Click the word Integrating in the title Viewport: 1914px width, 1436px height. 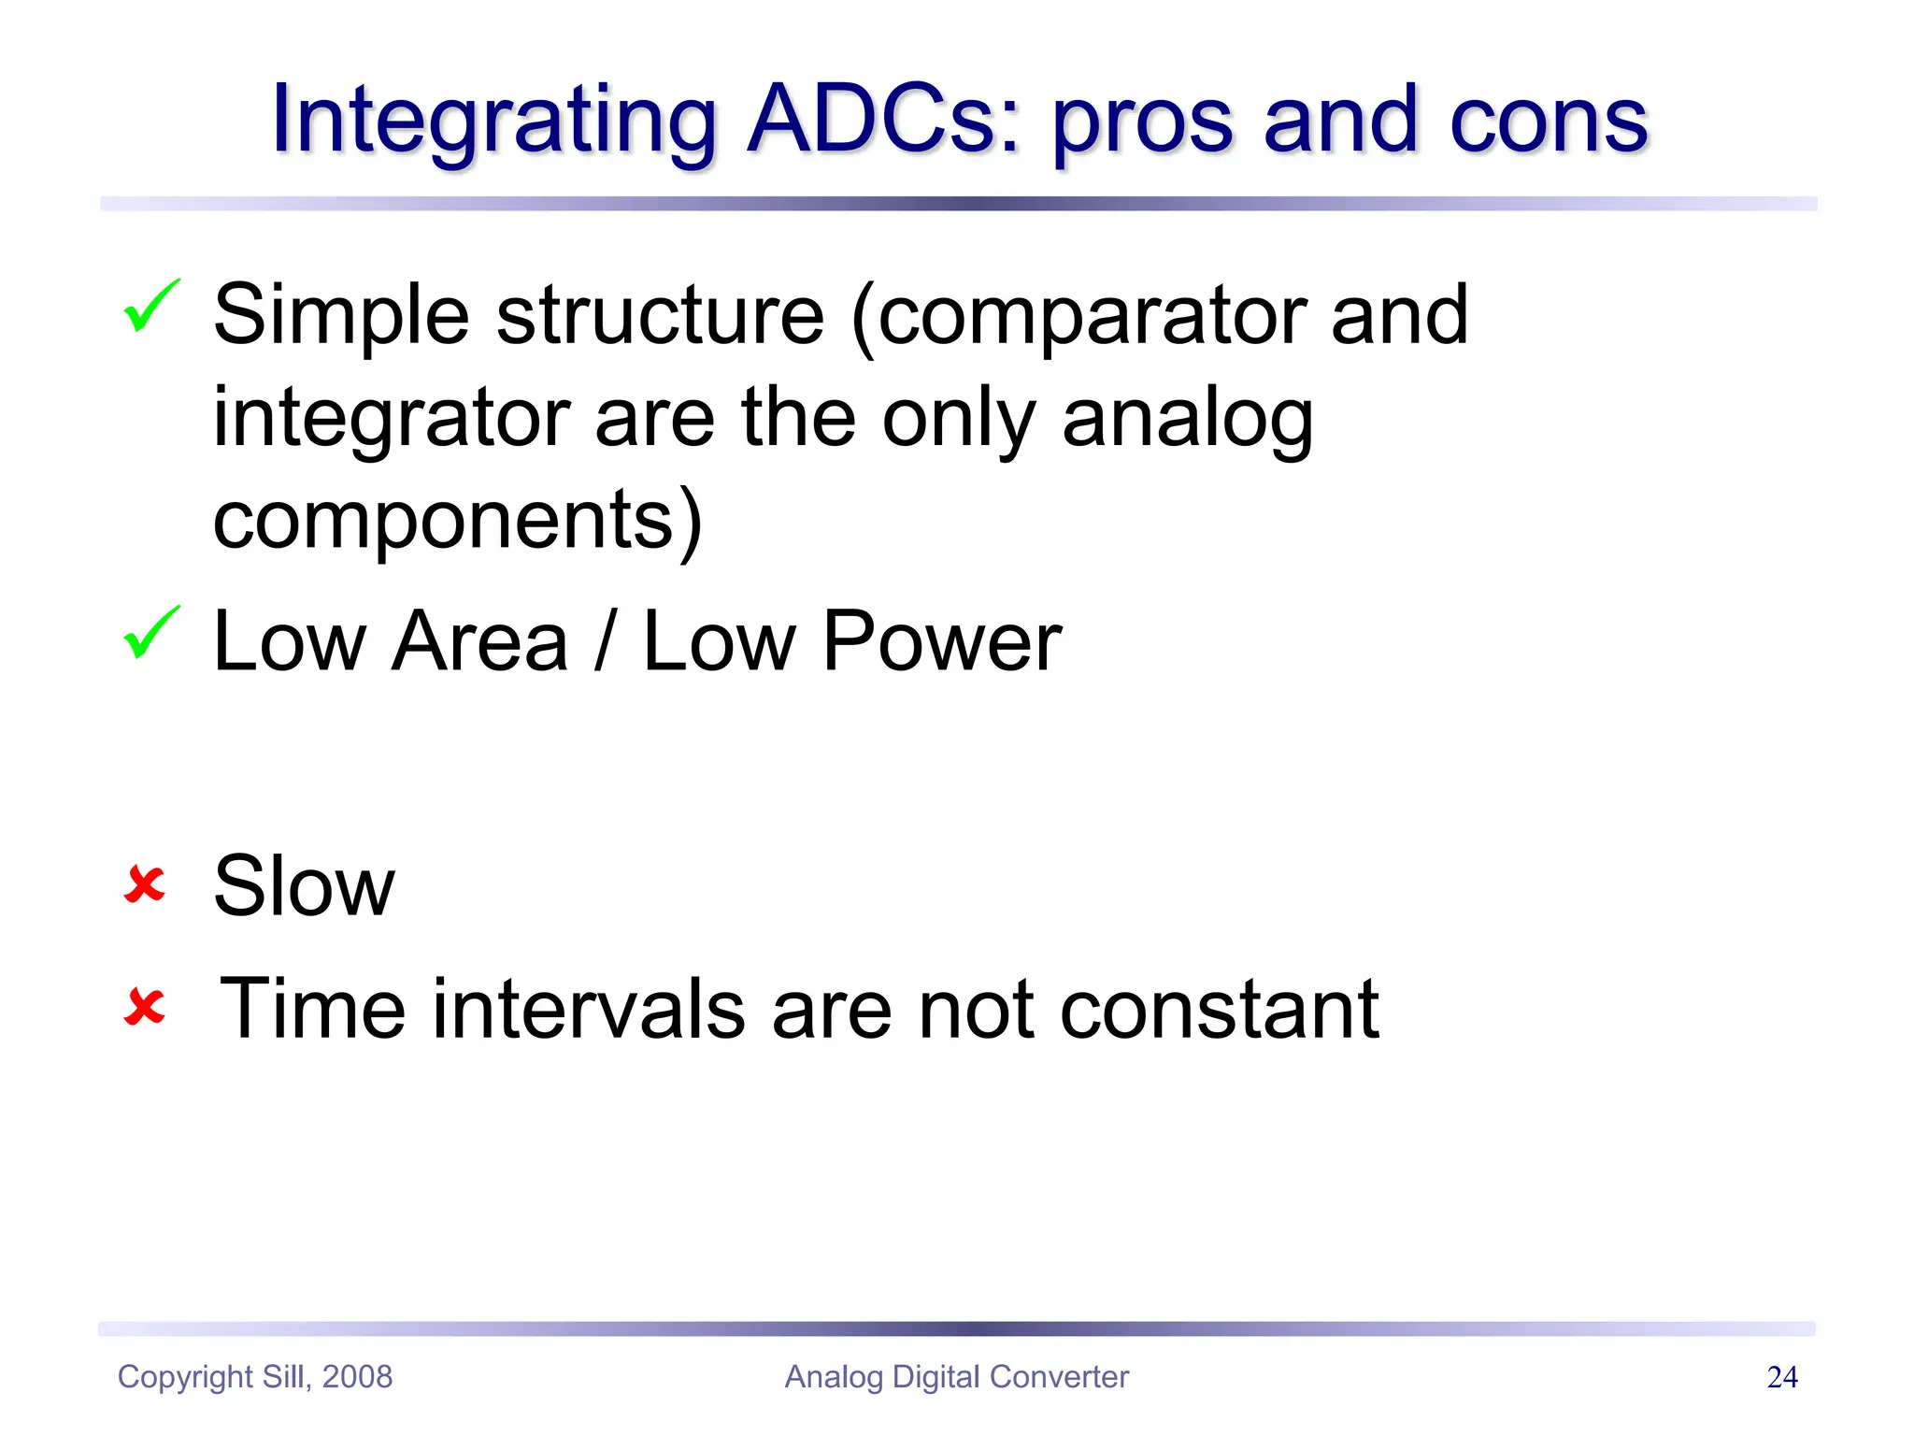[493, 122]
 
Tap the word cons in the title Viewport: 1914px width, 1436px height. [1548, 122]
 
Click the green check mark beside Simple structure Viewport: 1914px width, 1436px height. [150, 306]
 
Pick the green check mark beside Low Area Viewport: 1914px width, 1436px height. [150, 633]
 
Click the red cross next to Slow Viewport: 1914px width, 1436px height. [144, 884]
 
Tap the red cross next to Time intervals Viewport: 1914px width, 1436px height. [144, 1008]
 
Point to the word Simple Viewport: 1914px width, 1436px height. [341, 316]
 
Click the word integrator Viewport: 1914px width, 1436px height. [392, 418]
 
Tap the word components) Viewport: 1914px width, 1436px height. [457, 521]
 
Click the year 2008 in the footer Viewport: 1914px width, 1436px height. [357, 1377]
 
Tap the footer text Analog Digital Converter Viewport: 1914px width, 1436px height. [956, 1377]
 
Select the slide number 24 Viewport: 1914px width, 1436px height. [1782, 1377]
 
